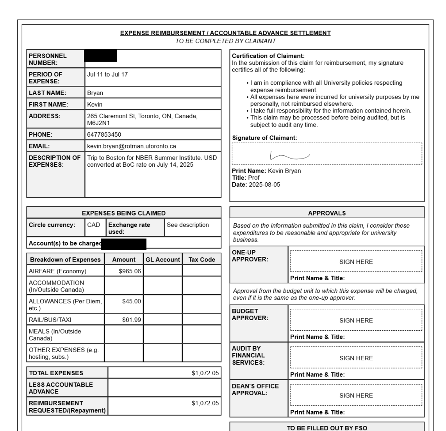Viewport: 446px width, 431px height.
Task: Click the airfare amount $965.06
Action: pos(130,271)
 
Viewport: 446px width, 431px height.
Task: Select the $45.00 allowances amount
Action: pos(132,301)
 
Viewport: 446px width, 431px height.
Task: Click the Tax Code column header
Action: pos(202,260)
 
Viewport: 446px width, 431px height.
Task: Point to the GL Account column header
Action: pos(163,260)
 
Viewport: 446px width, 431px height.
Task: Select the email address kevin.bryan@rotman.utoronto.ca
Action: pos(132,146)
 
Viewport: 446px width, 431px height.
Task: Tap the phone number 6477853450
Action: pos(104,135)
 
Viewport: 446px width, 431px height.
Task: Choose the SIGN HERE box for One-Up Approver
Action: pos(356,262)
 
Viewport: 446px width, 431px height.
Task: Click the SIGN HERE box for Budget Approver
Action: pos(356,321)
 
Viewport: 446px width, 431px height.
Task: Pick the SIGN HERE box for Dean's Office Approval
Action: pos(356,395)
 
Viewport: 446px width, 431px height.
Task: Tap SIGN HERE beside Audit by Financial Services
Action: pos(356,358)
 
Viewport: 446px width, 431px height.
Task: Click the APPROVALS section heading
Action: pos(327,213)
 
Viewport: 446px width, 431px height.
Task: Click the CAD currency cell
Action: pos(94,225)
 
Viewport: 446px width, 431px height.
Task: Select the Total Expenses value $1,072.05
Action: pos(205,373)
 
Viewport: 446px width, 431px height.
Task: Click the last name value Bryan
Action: pos(95,93)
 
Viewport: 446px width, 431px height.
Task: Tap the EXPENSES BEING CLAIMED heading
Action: pos(124,213)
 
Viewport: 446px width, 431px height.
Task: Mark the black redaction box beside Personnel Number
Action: pos(101,56)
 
